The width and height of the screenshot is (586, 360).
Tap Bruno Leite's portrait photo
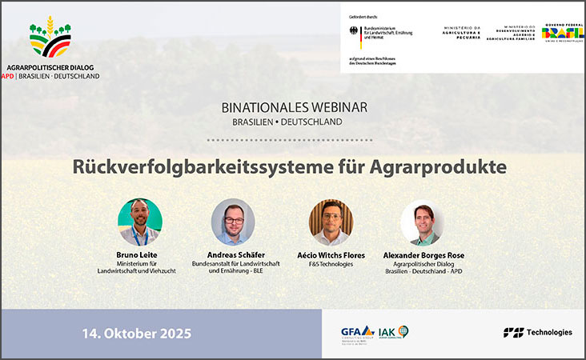coord(140,222)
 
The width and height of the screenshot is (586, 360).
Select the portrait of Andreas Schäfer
coord(233,222)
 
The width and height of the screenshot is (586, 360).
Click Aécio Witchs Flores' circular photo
coord(331,222)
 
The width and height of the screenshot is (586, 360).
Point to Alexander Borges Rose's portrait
coord(422,222)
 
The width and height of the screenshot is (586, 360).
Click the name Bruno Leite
coord(139,255)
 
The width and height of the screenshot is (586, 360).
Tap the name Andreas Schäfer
coord(232,255)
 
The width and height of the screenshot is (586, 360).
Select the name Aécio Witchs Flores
coord(331,255)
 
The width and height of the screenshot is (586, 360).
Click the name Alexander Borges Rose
coord(423,255)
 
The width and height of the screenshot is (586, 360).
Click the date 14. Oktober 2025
coord(137,332)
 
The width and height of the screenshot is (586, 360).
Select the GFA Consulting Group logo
coord(356,333)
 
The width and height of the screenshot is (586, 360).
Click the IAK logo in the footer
coord(393,332)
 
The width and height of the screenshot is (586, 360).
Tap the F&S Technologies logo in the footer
coord(537,332)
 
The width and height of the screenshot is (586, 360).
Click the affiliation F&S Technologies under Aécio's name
coord(331,264)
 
